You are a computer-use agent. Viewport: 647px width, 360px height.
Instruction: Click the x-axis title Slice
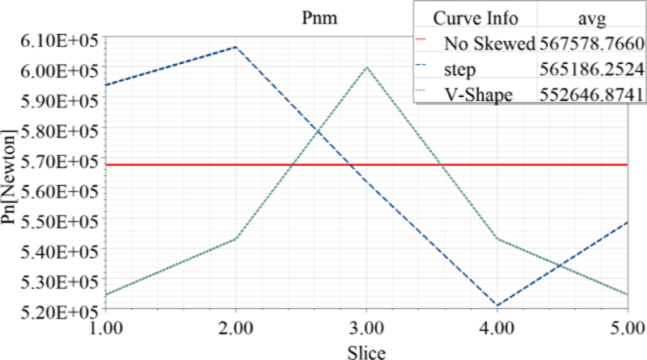(x=366, y=351)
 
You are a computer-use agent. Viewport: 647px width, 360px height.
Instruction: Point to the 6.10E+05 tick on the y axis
(x=53, y=40)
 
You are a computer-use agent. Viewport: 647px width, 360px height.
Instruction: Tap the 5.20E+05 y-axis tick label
(x=53, y=311)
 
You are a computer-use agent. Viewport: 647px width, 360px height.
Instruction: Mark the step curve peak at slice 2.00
(x=236, y=47)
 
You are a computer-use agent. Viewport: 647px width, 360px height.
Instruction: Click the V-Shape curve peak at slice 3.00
(x=366, y=67)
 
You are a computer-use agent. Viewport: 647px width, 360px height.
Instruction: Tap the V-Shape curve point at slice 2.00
(x=236, y=239)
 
